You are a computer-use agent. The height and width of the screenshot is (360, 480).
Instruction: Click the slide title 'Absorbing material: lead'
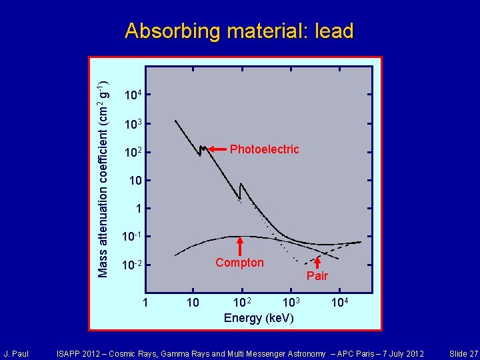(239, 31)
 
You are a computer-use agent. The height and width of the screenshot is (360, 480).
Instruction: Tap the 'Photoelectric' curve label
(265, 149)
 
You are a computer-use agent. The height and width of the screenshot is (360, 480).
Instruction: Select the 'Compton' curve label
(239, 263)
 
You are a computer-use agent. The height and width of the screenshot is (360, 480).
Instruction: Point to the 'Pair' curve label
(317, 276)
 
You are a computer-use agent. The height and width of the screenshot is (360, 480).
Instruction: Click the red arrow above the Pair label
(317, 263)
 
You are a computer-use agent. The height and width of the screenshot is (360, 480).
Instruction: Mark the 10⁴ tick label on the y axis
(133, 96)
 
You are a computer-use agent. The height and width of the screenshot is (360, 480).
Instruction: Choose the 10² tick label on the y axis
(133, 154)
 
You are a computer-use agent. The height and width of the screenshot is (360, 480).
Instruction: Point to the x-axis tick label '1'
(146, 303)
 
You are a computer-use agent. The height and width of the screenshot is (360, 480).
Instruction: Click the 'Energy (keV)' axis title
(259, 318)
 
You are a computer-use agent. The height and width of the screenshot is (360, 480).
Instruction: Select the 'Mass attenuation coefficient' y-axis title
(103, 179)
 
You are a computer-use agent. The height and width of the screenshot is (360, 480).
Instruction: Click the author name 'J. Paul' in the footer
(16, 353)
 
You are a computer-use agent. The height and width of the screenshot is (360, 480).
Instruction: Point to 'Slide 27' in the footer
(463, 353)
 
